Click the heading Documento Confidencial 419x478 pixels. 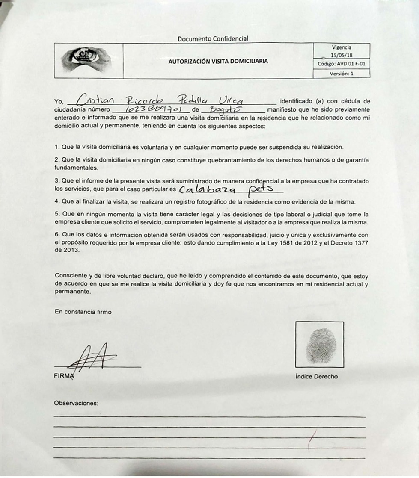pyautogui.click(x=213, y=39)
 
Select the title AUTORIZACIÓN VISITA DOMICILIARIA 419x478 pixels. pyautogui.click(x=218, y=61)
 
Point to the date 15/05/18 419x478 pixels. pyautogui.click(x=342, y=55)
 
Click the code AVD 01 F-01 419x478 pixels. pyautogui.click(x=342, y=64)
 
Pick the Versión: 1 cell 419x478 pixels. pyautogui.click(x=342, y=74)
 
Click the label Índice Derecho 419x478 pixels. pyautogui.click(x=316, y=377)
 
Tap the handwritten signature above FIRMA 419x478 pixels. pyautogui.click(x=92, y=357)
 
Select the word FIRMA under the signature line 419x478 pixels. pyautogui.click(x=64, y=376)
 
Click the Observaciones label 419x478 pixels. pyautogui.click(x=76, y=403)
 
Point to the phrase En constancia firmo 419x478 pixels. pyautogui.click(x=83, y=312)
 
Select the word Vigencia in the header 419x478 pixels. pyautogui.click(x=342, y=47)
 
